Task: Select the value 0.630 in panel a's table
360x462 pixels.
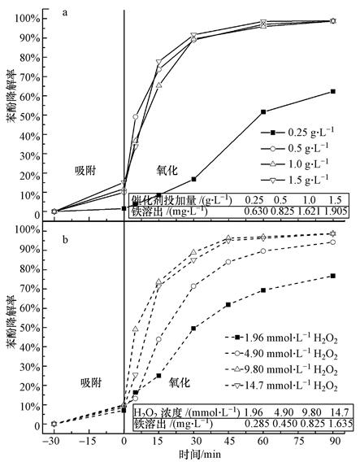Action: pos(258,211)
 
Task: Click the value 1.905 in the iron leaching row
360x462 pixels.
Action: pos(336,211)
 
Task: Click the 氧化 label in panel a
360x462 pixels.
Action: pos(167,168)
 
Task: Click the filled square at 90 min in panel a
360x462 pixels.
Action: pos(333,91)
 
